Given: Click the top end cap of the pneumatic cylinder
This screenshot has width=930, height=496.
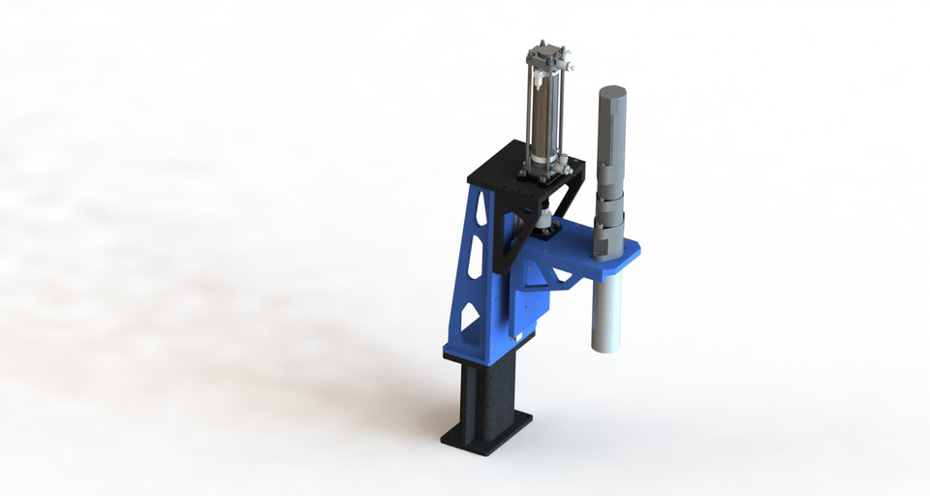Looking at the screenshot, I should pyautogui.click(x=550, y=54).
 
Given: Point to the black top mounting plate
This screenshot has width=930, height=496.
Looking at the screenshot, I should pyautogui.click(x=504, y=170).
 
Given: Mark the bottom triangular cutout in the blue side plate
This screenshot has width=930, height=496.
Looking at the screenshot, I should pyautogui.click(x=469, y=316).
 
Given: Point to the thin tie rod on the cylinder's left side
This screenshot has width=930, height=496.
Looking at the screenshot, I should pyautogui.click(x=529, y=107).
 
